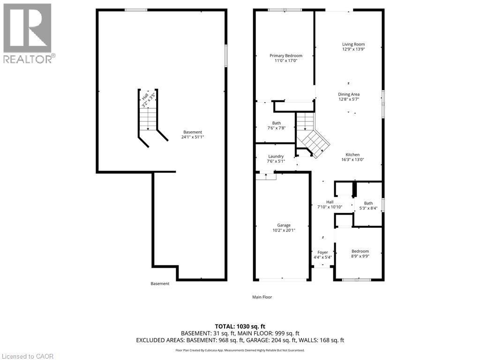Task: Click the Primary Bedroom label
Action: click(x=286, y=56)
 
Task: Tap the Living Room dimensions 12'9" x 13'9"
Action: click(x=353, y=49)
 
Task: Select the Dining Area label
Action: click(x=349, y=94)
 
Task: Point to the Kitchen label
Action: click(x=352, y=155)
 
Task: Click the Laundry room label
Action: click(x=276, y=157)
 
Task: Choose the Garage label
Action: click(x=284, y=225)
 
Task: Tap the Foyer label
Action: click(x=322, y=252)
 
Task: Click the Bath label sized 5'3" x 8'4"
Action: click(x=368, y=203)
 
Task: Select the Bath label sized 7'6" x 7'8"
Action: click(x=276, y=123)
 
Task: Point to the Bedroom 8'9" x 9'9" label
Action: click(x=360, y=251)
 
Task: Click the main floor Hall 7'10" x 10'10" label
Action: click(x=330, y=202)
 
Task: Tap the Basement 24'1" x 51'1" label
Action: click(x=193, y=132)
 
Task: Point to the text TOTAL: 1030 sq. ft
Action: click(x=242, y=326)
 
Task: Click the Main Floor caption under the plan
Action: click(x=262, y=297)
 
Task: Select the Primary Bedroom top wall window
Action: click(x=285, y=10)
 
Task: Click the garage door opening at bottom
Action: click(x=282, y=280)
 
